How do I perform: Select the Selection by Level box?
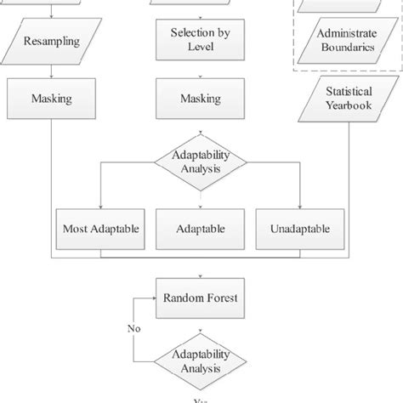[200, 39]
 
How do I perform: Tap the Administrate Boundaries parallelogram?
[345, 39]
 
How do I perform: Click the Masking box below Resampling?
[52, 99]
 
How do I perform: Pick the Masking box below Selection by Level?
[200, 99]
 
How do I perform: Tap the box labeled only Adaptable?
[200, 229]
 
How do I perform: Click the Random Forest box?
[200, 298]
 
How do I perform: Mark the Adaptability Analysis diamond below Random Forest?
[200, 362]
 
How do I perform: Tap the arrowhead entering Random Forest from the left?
[156, 298]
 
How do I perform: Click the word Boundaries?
[345, 47]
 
